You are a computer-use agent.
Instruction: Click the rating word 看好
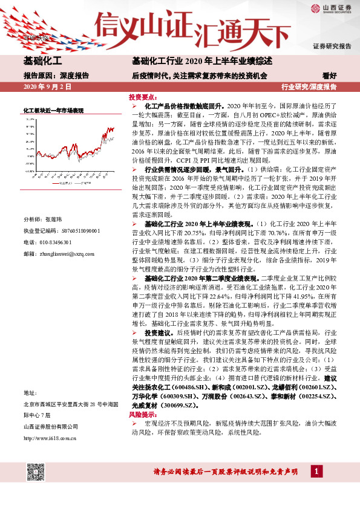[330, 76]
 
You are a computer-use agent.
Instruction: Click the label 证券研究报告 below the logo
[332, 47]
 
